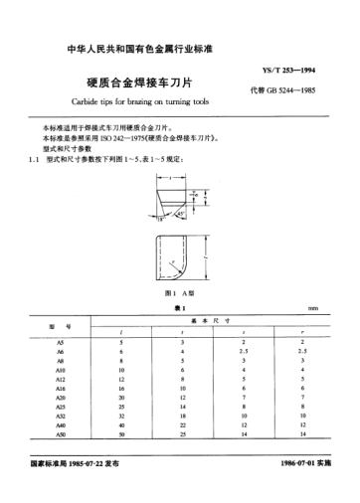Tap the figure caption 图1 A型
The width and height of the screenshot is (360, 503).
[179, 295]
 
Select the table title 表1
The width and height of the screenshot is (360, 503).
[179, 310]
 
